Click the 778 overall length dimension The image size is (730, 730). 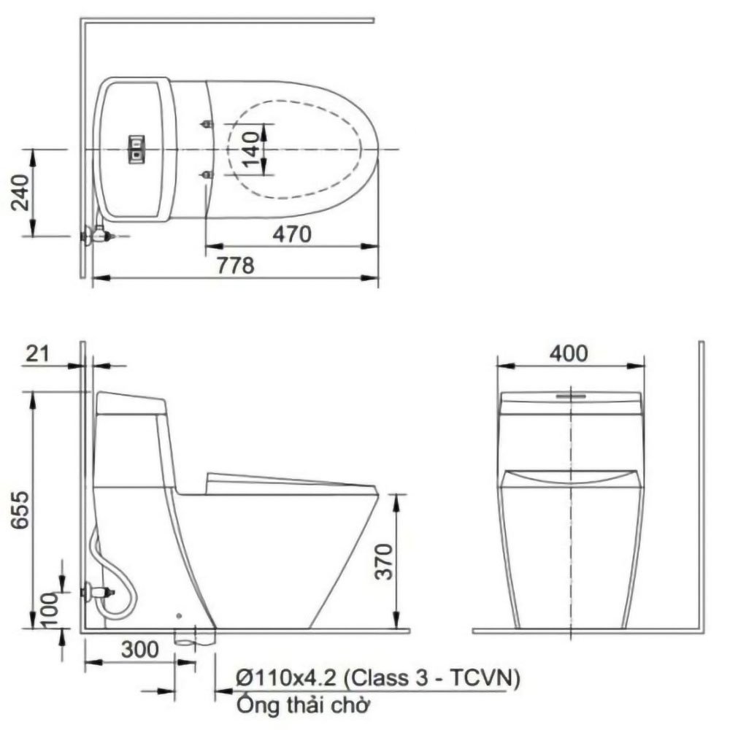point(236,266)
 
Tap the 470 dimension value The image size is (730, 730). point(292,234)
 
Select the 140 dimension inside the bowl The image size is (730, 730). point(251,150)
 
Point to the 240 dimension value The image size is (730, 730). point(20,192)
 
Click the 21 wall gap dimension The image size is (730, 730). point(37,354)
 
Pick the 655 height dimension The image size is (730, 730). point(20,510)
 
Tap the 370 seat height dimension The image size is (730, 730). point(385,561)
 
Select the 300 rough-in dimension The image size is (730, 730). point(139,649)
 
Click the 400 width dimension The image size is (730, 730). point(569,354)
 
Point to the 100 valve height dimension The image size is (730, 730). point(50,609)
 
